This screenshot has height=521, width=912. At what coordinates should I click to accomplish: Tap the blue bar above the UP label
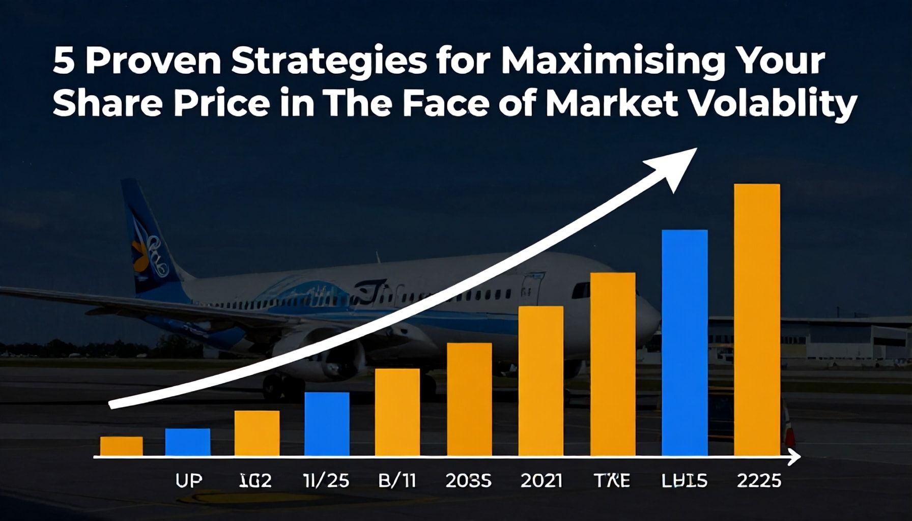(x=187, y=442)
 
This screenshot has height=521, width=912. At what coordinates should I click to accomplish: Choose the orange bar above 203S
(x=469, y=399)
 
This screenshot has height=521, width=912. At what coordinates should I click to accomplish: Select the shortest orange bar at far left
(x=121, y=446)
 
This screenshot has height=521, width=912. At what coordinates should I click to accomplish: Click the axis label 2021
(x=541, y=481)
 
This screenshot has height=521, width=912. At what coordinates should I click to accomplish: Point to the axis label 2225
(x=759, y=481)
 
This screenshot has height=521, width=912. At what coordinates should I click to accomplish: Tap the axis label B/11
(x=397, y=481)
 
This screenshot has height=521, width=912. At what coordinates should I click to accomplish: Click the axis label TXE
(x=612, y=481)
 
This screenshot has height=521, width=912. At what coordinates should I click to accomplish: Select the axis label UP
(x=188, y=481)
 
